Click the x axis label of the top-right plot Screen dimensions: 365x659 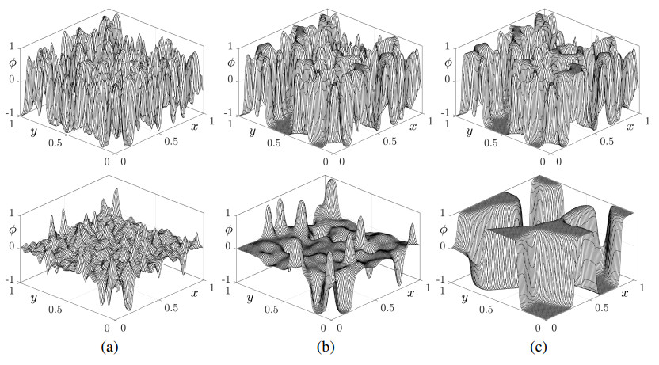click(631, 124)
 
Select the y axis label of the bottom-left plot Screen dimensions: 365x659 click(35, 298)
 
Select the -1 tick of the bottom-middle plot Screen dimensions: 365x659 click(228, 279)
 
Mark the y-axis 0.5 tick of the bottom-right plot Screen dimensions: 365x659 click(489, 311)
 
